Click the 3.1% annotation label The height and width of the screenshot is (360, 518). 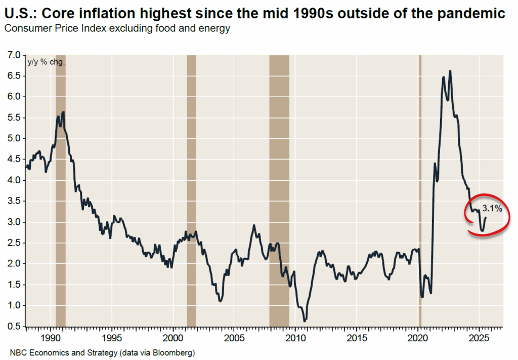[492, 208]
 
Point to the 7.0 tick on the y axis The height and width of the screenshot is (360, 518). [13, 55]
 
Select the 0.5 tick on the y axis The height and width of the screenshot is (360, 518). [13, 327]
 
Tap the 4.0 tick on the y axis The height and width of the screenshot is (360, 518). [13, 180]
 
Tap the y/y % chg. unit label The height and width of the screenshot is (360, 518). [46, 62]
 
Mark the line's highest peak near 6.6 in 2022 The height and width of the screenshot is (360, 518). [450, 71]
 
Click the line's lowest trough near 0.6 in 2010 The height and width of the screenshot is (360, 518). [305, 321]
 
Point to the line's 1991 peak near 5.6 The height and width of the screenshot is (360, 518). [63, 112]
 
